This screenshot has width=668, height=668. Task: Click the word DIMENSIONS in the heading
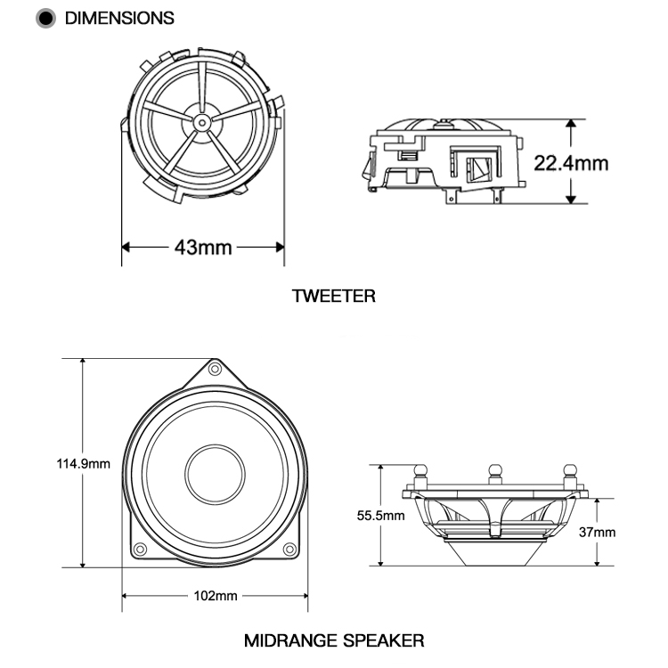tap(119, 18)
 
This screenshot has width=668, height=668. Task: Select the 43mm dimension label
tap(203, 247)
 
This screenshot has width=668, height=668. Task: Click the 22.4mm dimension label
tap(571, 162)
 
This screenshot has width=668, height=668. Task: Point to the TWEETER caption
tap(334, 296)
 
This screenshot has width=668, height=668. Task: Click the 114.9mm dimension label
tap(84, 463)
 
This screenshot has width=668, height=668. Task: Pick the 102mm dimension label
tap(215, 595)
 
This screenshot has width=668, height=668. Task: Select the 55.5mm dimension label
tap(380, 515)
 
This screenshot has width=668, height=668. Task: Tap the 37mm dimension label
tap(598, 533)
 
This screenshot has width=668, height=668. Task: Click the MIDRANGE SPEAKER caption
tap(334, 639)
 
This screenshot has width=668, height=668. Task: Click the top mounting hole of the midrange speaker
tap(215, 368)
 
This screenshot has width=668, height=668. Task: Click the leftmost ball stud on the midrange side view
tap(420, 470)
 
